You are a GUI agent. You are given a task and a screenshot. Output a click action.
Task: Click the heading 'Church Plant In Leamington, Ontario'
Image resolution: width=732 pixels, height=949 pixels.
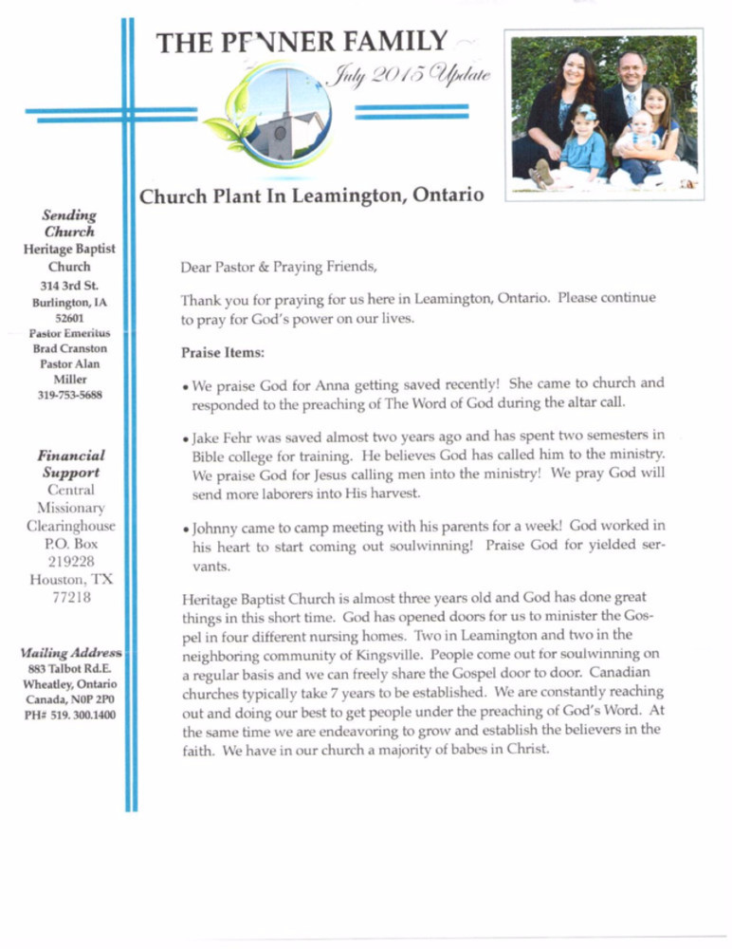point(312,196)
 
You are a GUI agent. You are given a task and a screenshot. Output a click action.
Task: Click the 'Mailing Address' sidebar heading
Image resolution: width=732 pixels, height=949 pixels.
point(70,653)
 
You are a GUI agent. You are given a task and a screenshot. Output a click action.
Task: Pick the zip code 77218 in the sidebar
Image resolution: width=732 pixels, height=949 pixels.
point(72,597)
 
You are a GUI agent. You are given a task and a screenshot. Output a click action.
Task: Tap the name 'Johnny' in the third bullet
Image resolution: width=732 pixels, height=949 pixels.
point(215,527)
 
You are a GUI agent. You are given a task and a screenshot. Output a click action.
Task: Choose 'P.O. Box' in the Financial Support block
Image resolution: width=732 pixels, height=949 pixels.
point(72,544)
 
